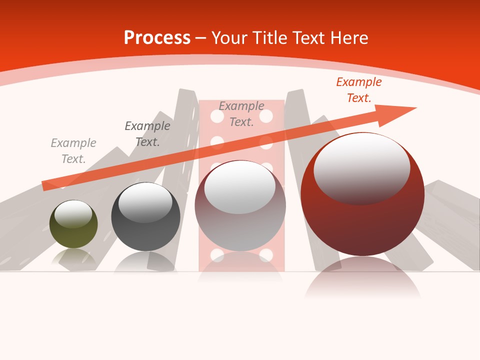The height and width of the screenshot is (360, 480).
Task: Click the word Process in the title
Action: tap(157, 38)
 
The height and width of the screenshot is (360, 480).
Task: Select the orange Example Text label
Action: tap(359, 90)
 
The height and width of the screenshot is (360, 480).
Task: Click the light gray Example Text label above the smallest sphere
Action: tap(73, 151)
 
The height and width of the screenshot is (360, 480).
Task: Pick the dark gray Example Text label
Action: tap(147, 134)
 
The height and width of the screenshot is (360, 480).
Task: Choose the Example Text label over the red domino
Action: tap(241, 114)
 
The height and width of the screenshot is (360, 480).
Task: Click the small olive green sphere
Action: tap(73, 231)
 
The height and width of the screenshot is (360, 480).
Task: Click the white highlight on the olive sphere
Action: tap(73, 214)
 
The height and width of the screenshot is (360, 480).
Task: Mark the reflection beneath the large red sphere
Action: tap(362, 280)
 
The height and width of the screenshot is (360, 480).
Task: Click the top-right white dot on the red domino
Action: tap(266, 116)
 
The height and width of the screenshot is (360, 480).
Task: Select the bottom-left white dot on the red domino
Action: tap(217, 255)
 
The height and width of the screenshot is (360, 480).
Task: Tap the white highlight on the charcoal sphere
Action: tap(145, 202)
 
